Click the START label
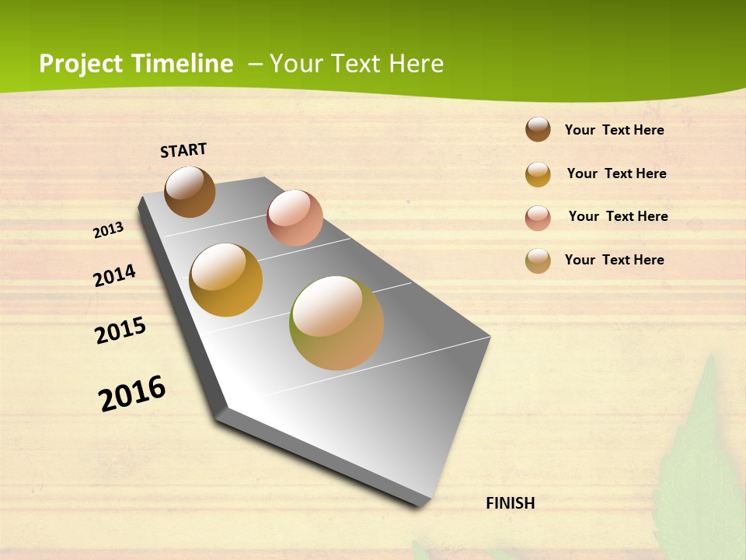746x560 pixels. pyautogui.click(x=183, y=150)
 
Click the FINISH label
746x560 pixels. pyautogui.click(x=510, y=503)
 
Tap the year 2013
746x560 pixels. pyautogui.click(x=109, y=230)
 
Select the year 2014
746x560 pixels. pyautogui.click(x=114, y=275)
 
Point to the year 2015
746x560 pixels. pyautogui.click(x=120, y=331)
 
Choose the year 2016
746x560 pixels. pyautogui.click(x=132, y=393)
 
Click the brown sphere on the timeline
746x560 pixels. pyautogui.click(x=190, y=191)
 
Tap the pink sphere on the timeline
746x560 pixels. pyautogui.click(x=295, y=218)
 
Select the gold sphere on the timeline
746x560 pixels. pyautogui.click(x=225, y=280)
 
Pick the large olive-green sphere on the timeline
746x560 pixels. pyautogui.click(x=336, y=323)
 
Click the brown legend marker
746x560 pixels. pyautogui.click(x=538, y=130)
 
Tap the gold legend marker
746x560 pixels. pyautogui.click(x=538, y=174)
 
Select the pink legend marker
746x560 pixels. pyautogui.click(x=538, y=218)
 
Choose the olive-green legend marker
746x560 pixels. pyautogui.click(x=538, y=261)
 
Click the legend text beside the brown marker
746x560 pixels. pyautogui.click(x=614, y=130)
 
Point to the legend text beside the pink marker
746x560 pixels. pyautogui.click(x=618, y=216)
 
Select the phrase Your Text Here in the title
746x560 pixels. pyautogui.click(x=357, y=64)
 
